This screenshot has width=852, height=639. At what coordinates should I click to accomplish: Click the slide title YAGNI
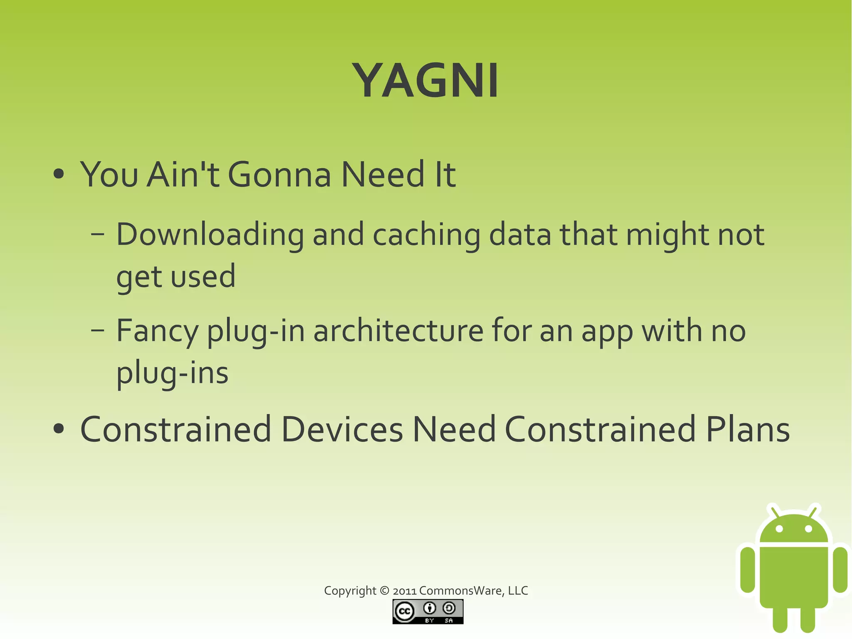click(x=425, y=80)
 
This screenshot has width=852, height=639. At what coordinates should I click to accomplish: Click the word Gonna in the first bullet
click(x=279, y=174)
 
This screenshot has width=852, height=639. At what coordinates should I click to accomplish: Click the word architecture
click(x=398, y=331)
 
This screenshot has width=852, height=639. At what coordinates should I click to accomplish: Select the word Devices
click(x=342, y=429)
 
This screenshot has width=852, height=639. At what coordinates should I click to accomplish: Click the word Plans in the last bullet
click(x=748, y=429)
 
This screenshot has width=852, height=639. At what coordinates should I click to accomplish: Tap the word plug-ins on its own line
click(x=172, y=373)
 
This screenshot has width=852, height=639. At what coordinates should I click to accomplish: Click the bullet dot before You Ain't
click(x=59, y=174)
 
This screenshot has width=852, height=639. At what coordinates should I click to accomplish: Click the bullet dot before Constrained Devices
click(x=59, y=429)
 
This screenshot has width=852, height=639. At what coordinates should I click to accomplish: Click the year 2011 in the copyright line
click(x=404, y=591)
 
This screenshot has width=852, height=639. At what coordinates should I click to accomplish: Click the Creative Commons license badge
click(x=428, y=612)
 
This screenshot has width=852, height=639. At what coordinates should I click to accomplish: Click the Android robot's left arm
click(x=748, y=569)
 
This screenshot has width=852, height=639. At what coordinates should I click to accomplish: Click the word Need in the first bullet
click(x=383, y=174)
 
